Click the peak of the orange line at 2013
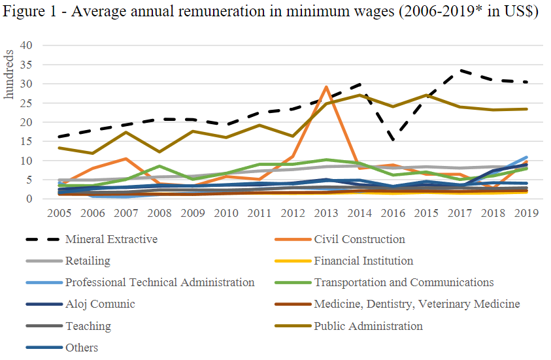[326, 87]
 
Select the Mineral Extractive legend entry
[111, 239]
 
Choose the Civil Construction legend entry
[359, 239]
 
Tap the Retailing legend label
[88, 261]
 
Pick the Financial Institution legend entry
[363, 261]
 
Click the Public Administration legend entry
[368, 325]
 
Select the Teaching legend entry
[88, 325]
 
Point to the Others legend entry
[82, 347]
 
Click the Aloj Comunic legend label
[100, 304]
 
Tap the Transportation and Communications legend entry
[403, 282]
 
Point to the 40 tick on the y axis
[27, 46]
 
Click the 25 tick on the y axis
[27, 103]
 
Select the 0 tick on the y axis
[29, 199]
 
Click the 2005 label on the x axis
[59, 214]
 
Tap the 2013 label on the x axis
[326, 214]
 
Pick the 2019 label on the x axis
[526, 214]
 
